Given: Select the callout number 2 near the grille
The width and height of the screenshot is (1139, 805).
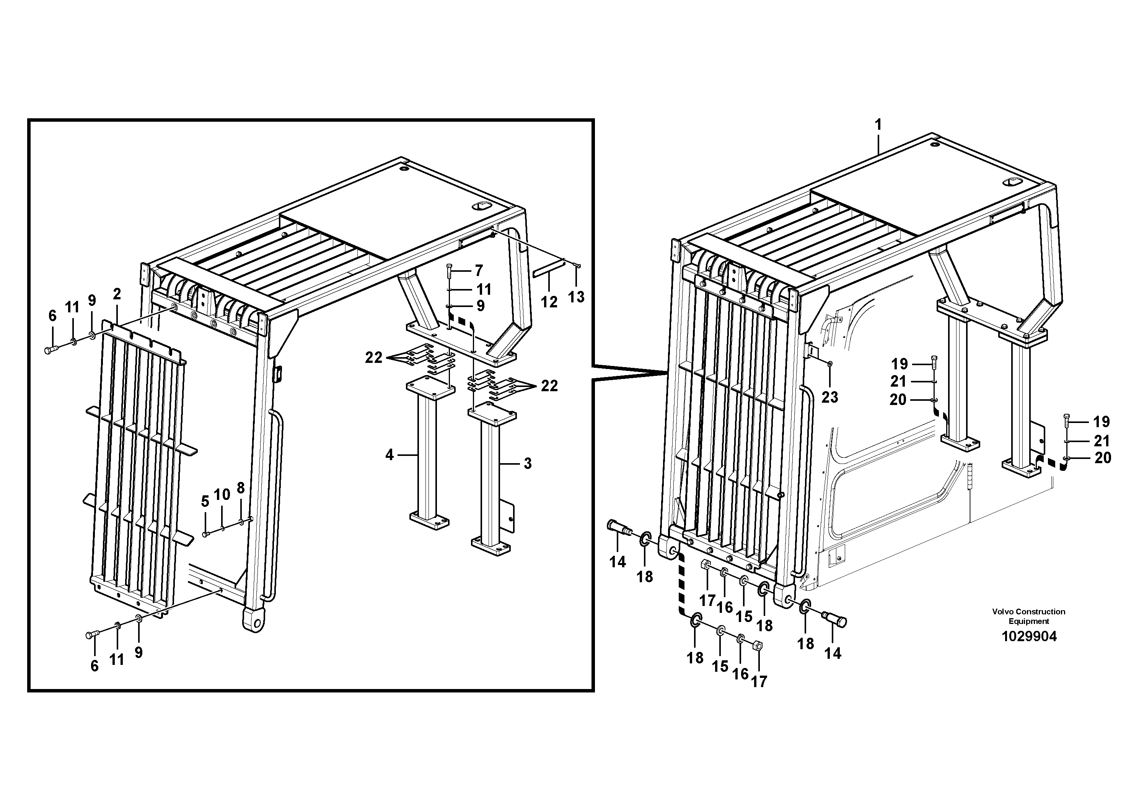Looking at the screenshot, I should [x=117, y=294].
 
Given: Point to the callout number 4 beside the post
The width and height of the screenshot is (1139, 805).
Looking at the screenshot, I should [x=389, y=455].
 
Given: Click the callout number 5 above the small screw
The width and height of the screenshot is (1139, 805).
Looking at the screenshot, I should [x=205, y=502].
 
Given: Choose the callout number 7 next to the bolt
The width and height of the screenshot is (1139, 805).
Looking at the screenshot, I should [x=478, y=271].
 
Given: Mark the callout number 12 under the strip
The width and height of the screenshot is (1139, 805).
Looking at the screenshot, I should [x=549, y=302].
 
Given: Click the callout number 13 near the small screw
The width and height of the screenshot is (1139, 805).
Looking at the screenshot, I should [x=576, y=297].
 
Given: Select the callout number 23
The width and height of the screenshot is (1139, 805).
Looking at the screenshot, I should [x=829, y=397].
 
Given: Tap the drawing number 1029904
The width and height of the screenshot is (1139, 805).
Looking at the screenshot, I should [x=1029, y=636].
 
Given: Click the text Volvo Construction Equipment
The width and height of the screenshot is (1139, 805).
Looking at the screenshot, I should [x=1028, y=616].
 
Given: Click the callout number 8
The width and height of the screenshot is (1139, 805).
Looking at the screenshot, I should [x=241, y=488].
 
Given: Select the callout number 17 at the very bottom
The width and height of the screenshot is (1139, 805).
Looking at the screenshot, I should [x=759, y=682].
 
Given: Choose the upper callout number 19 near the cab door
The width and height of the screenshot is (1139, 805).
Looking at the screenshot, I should [x=899, y=364].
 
